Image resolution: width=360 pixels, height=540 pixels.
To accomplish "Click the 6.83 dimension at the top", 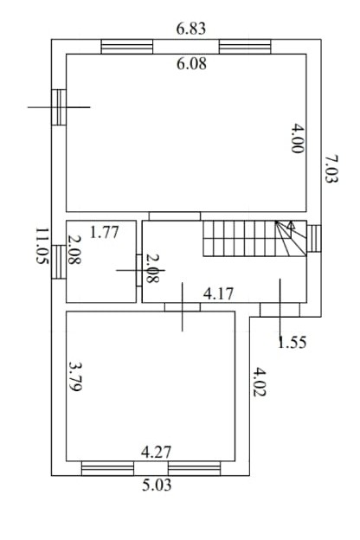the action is click(x=191, y=29).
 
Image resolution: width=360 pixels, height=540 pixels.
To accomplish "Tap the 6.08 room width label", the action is click(x=191, y=64).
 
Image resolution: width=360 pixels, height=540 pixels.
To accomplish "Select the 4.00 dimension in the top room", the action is click(x=297, y=138).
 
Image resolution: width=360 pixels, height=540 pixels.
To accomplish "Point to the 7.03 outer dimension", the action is click(x=331, y=169).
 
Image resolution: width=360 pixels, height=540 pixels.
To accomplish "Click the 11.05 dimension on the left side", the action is click(x=42, y=246).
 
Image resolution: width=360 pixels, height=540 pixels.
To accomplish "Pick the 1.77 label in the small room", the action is click(x=104, y=232).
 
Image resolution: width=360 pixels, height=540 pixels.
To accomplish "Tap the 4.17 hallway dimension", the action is click(x=218, y=294).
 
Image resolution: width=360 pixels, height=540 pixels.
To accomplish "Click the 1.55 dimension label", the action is click(x=292, y=343).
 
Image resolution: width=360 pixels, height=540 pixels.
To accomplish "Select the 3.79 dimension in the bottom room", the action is click(x=74, y=376).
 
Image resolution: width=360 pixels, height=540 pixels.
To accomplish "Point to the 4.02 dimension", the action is click(x=260, y=382).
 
